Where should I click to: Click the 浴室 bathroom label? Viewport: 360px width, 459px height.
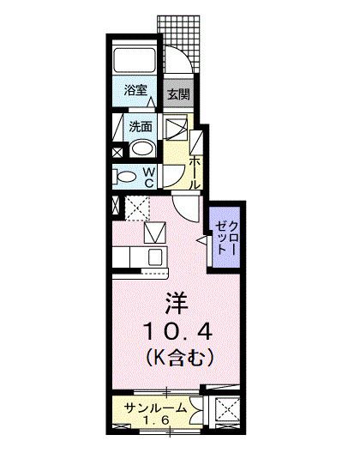[x=134, y=90]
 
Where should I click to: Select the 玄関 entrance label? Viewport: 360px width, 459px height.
[x=177, y=94]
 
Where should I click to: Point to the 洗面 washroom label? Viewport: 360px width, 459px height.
[x=141, y=125]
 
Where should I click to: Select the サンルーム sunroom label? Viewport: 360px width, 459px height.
[x=155, y=408]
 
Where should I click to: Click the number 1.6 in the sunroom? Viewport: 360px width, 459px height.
[x=155, y=421]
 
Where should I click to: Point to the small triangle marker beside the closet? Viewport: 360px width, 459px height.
[x=202, y=242]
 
